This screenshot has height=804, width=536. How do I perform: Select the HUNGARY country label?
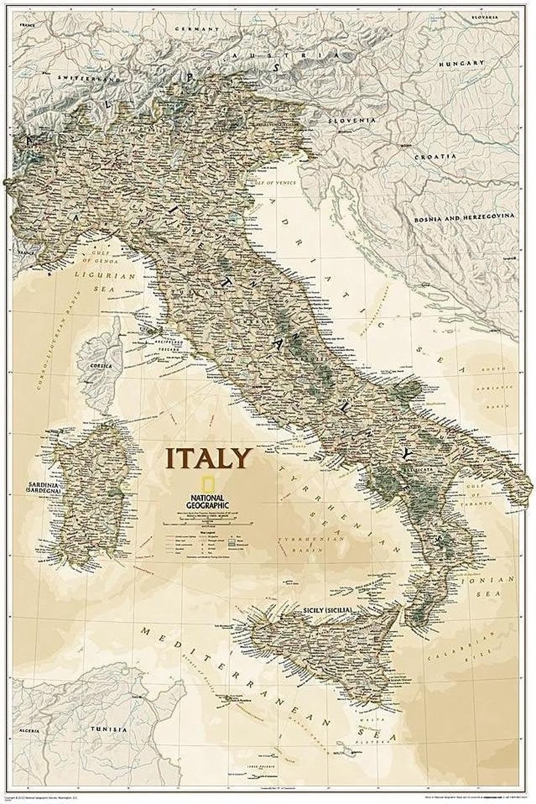(461, 62)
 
